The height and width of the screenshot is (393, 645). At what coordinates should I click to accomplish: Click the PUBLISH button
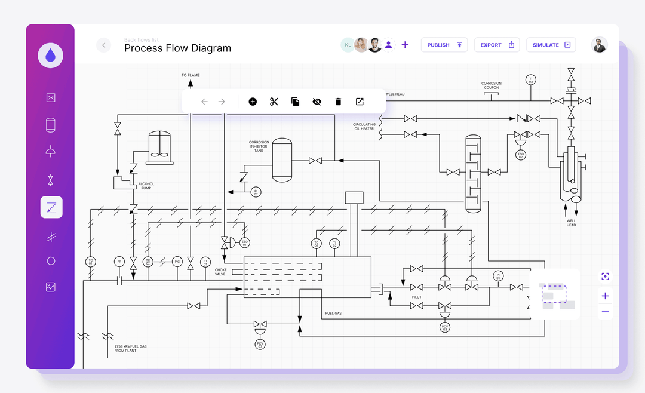point(444,45)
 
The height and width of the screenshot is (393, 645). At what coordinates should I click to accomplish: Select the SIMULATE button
point(551,45)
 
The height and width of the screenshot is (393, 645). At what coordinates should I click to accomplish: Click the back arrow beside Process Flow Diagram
point(104,45)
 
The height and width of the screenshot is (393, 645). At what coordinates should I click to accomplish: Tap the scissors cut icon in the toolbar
point(274,102)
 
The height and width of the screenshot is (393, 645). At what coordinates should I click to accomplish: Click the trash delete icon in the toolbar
point(338,102)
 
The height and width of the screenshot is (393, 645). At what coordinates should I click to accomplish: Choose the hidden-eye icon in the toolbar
point(317,102)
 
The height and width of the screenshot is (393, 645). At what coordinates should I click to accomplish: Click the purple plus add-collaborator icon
point(405,45)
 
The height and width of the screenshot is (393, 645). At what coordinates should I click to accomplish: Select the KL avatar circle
point(348,45)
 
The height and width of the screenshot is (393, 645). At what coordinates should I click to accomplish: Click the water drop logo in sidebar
point(50,56)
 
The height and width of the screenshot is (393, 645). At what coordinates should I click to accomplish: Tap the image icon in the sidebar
point(51,287)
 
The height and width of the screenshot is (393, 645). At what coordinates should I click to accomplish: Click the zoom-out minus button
point(605,311)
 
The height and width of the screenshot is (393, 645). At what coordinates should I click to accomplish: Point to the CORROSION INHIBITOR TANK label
point(259,146)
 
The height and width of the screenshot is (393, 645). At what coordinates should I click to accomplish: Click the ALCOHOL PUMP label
point(146,186)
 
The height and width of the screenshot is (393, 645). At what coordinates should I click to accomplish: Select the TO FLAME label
point(191,75)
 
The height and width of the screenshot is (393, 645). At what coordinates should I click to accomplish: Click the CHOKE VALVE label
point(220,272)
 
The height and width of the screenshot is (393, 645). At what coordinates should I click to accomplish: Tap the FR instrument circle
point(119,262)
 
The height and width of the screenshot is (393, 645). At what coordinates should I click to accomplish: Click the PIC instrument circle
point(177,262)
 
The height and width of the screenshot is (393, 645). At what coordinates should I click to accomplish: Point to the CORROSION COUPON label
point(492,85)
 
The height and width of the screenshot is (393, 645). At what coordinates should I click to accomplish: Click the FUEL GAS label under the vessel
point(333,313)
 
